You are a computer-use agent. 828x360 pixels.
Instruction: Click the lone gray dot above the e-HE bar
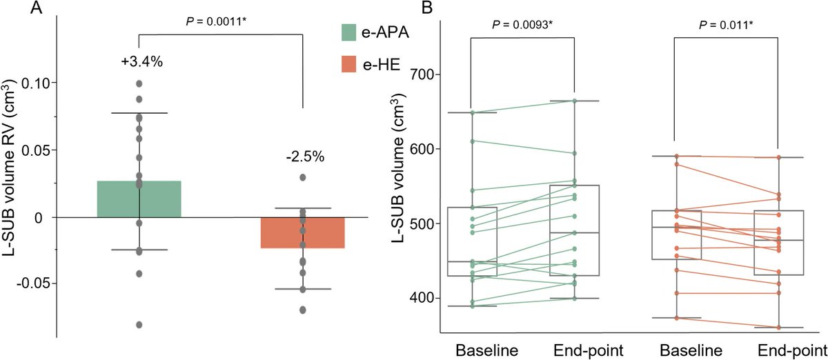[303, 177]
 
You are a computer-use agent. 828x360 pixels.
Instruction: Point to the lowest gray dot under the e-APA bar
[139, 324]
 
